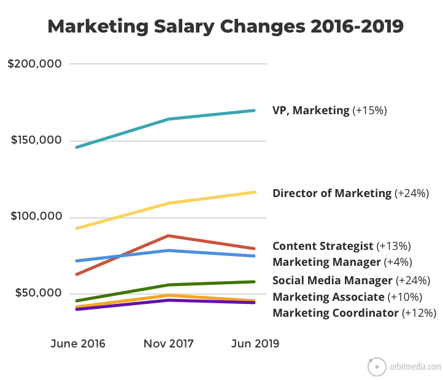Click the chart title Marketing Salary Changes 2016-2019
225,26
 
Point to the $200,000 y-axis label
34,64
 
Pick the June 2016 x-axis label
78,344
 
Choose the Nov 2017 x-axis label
169,344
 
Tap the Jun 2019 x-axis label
255,344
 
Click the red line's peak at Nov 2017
169,236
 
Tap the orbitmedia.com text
415,366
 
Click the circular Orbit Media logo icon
377,366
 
